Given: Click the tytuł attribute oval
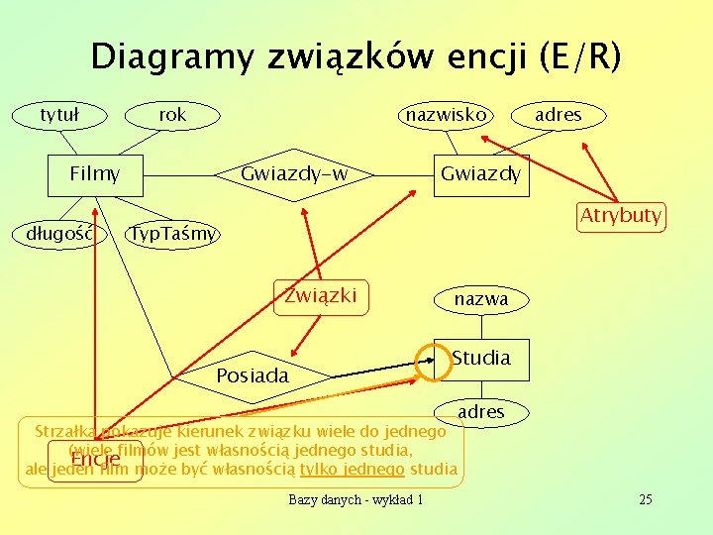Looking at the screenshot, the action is pos(58,115).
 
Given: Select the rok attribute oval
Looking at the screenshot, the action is pos(172,115).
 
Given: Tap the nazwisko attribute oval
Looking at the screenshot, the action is pos(446,115).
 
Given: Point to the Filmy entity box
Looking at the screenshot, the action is pos(95,175).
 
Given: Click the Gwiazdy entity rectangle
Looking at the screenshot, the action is pos(480,175).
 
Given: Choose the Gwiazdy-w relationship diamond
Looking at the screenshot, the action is pos(295,175).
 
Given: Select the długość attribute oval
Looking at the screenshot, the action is pos(58,234).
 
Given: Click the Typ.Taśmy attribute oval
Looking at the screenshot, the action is pos(173,234).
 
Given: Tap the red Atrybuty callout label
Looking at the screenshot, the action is pos(621,216).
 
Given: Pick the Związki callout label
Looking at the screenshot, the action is pos(321,295).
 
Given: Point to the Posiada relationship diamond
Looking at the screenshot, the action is pos(253,375).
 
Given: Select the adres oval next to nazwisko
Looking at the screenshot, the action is pos(558,115).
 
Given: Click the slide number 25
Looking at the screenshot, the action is pos(645,499).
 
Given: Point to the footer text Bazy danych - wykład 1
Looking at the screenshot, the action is pos(356,499).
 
